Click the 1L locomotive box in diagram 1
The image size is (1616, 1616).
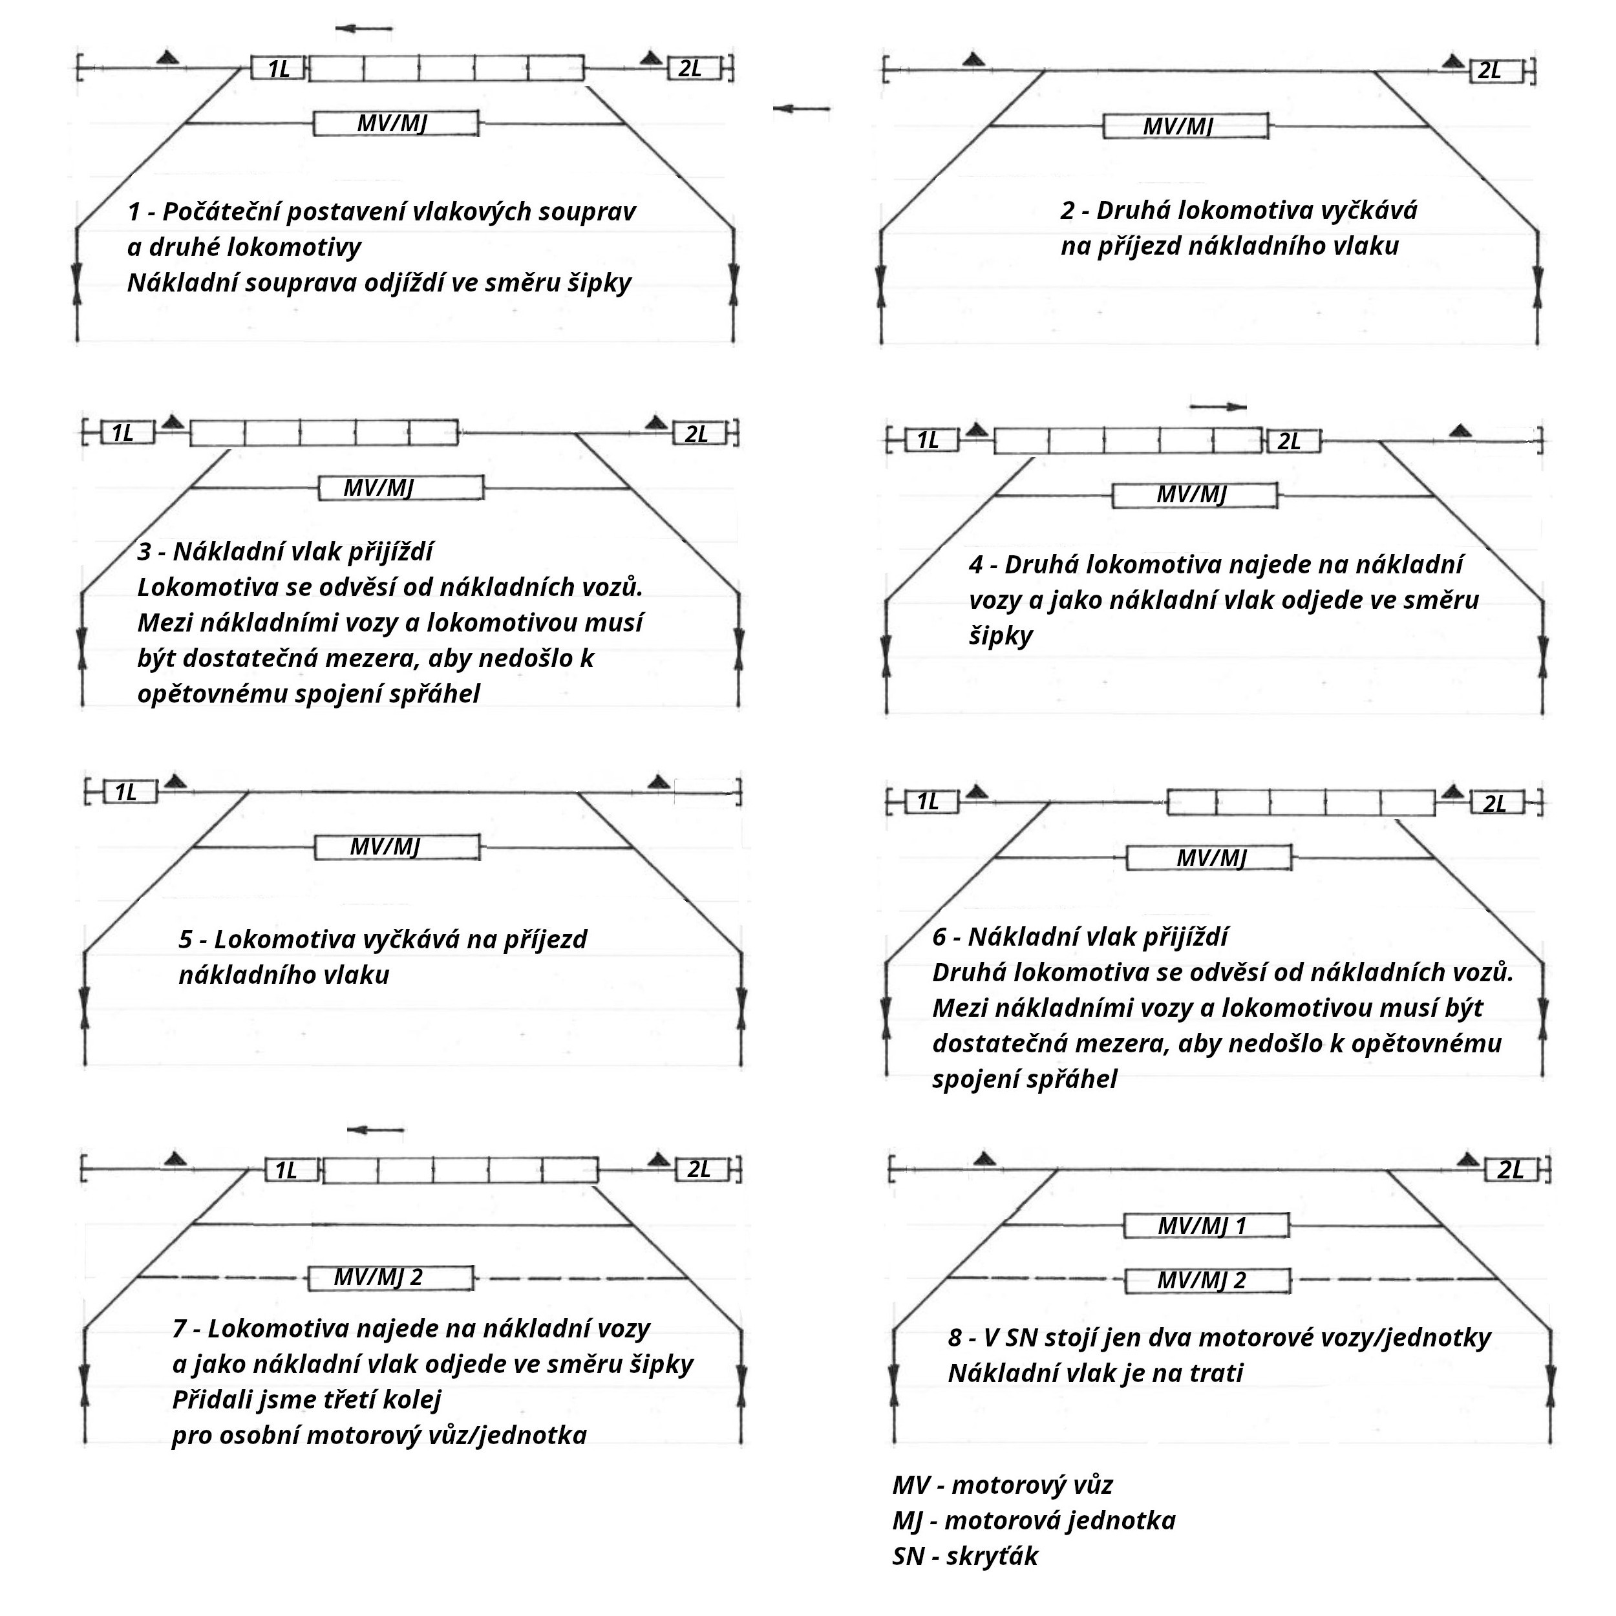[278, 69]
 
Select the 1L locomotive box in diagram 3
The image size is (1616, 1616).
[127, 433]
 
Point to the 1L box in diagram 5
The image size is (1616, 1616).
[130, 792]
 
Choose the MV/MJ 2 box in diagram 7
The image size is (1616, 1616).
[390, 1277]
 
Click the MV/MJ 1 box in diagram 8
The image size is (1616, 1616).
[1206, 1226]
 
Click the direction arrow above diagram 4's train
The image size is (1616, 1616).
[1218, 407]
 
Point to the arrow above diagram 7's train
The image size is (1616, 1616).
[376, 1130]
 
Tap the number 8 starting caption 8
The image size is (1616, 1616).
[954, 1337]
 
